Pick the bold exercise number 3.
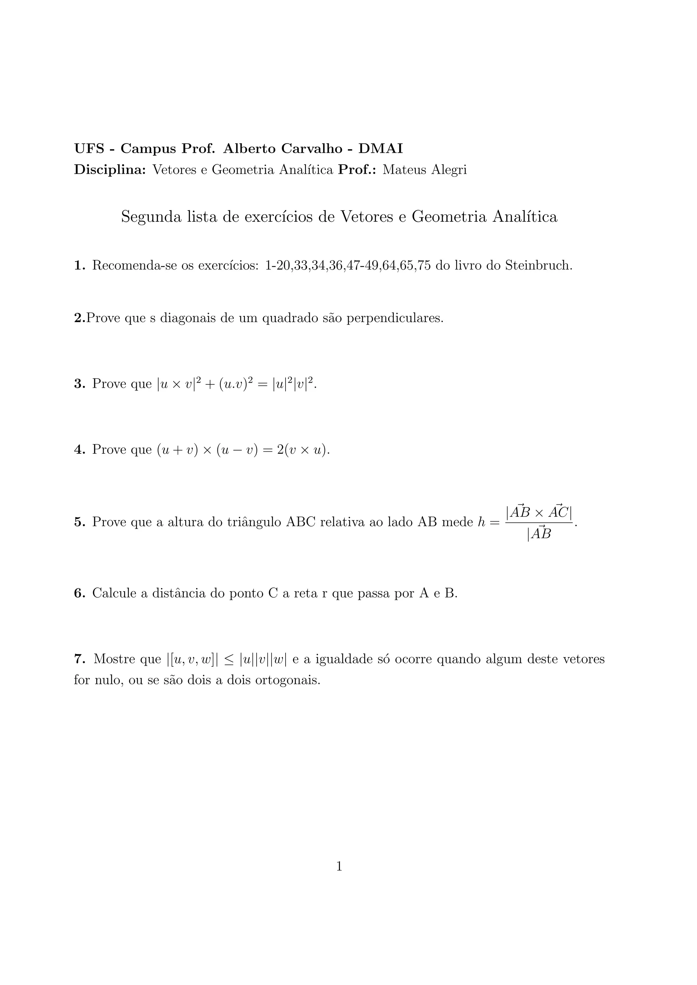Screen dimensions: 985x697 click(79, 384)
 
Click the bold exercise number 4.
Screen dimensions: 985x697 click(79, 450)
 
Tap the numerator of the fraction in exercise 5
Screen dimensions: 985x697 click(539, 512)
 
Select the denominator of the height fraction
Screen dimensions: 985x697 click(539, 534)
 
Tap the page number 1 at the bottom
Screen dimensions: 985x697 click(339, 867)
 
